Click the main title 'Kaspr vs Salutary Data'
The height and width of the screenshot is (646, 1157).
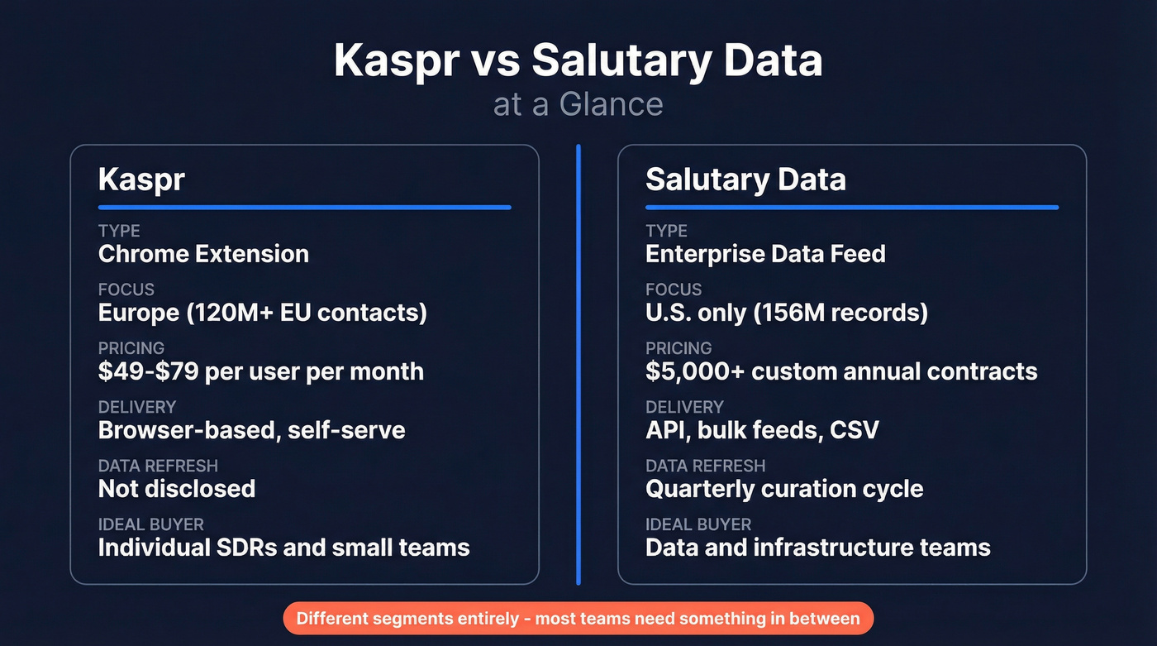pos(578,60)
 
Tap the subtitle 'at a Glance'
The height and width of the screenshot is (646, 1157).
pos(578,105)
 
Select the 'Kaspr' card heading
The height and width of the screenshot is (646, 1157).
pos(141,179)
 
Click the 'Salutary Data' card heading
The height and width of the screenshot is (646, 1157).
pos(745,179)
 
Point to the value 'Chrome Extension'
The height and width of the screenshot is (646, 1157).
pos(203,254)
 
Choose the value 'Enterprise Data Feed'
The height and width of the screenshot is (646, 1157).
pos(765,254)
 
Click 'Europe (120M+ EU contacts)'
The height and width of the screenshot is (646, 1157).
pos(262,313)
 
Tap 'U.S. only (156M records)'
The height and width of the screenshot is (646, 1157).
pos(786,313)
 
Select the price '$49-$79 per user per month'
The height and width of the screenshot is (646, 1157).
pos(261,371)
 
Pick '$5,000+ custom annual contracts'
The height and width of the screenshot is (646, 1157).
pos(841,371)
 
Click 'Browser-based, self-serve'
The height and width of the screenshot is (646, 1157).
pos(251,430)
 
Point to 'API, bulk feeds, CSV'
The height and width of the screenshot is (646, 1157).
pos(762,430)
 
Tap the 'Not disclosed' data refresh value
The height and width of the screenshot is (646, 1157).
pos(177,489)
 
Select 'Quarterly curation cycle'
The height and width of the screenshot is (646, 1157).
pos(784,489)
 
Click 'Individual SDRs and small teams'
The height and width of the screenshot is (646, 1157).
pos(283,548)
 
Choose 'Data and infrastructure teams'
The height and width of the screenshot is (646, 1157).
pos(817,548)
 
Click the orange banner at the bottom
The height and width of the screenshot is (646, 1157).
pos(578,619)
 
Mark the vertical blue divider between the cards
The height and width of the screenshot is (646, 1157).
pos(578,364)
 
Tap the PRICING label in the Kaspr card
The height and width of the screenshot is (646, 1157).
pos(131,348)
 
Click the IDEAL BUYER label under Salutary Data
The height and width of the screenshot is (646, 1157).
pos(698,524)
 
